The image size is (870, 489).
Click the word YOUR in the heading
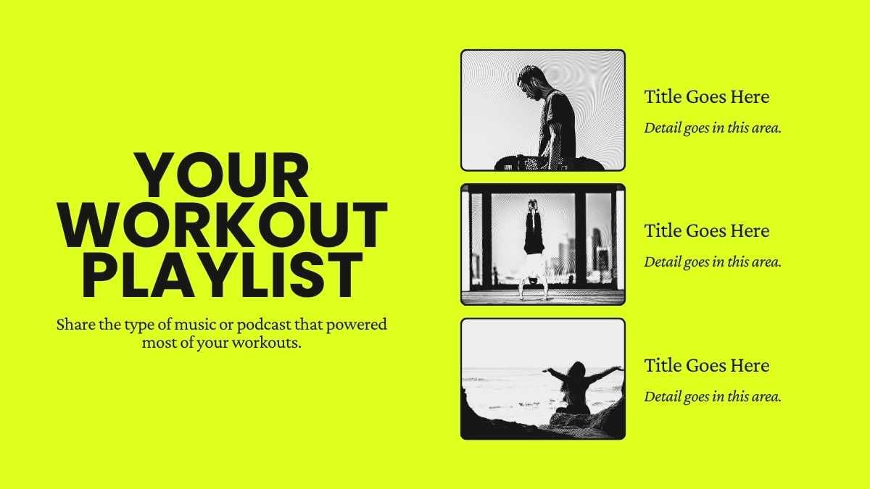(x=223, y=176)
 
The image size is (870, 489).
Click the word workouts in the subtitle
(x=270, y=343)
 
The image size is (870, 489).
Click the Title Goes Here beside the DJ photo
(x=706, y=97)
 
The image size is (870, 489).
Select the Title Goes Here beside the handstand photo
(x=706, y=231)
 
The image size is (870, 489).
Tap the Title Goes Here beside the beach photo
(x=706, y=366)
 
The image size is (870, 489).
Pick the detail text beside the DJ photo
(x=712, y=128)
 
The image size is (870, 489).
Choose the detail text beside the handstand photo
(x=712, y=262)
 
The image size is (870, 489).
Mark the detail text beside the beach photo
(x=712, y=396)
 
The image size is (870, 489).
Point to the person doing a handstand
(x=534, y=246)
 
